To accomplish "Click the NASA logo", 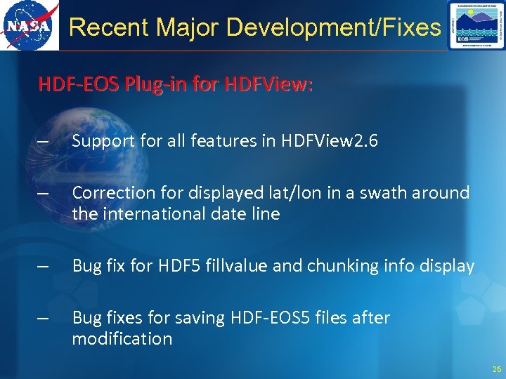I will point(29,26).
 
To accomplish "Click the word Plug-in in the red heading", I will point(150,86).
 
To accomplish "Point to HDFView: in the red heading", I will point(269,86).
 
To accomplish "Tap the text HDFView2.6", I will point(330,141).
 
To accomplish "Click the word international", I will point(145,213).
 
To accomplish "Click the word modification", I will point(122,339).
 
